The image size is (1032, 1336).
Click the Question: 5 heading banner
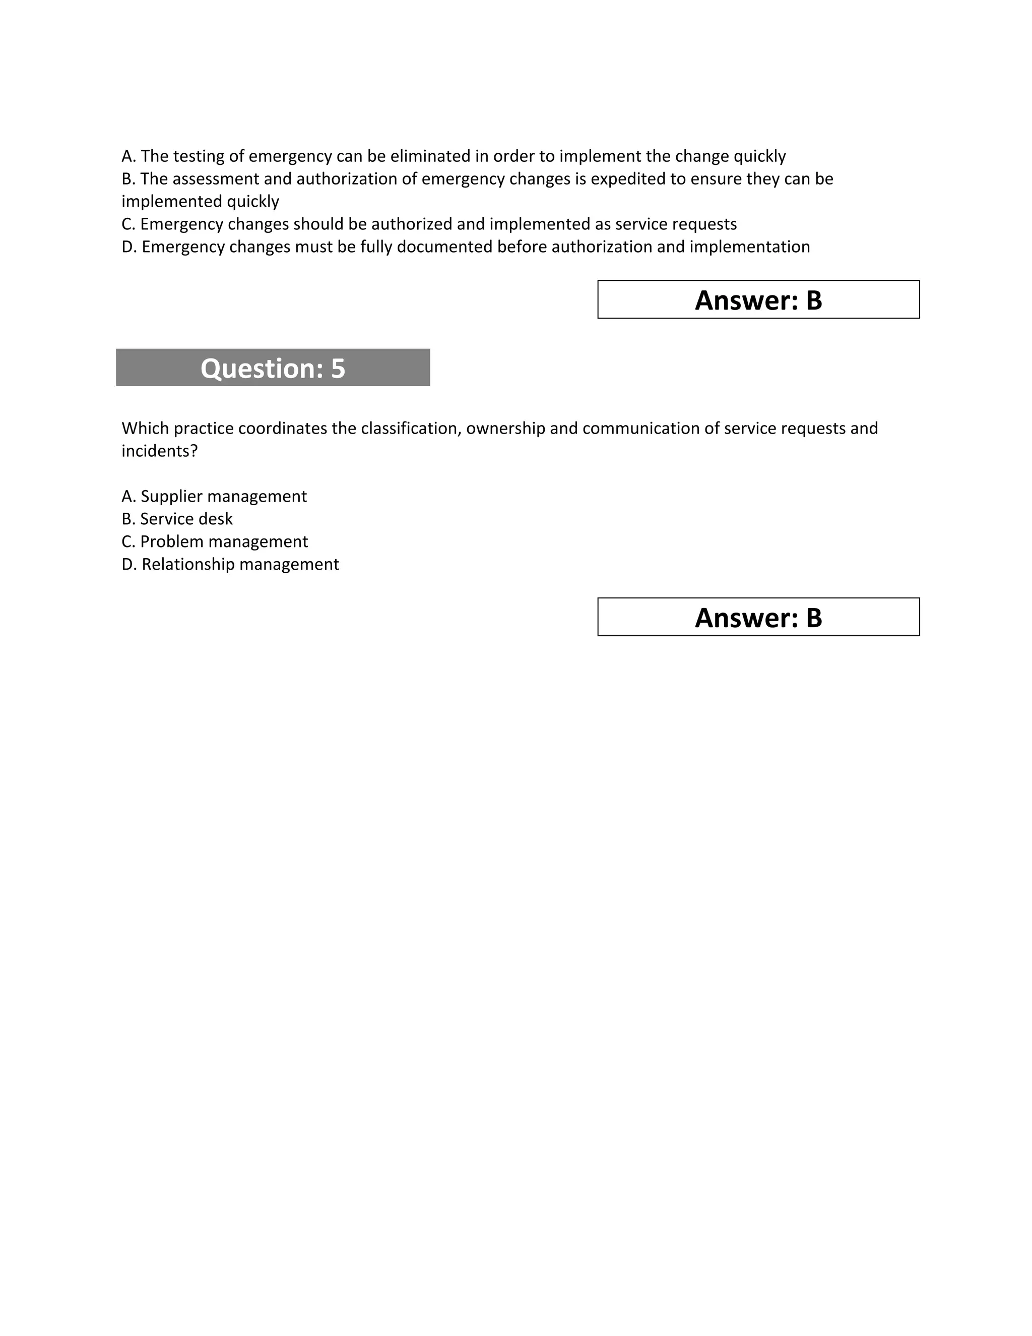(x=273, y=368)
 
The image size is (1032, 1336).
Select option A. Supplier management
(x=214, y=496)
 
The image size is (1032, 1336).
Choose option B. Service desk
(x=177, y=519)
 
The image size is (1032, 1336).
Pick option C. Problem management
(x=215, y=541)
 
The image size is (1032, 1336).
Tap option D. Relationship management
(x=230, y=564)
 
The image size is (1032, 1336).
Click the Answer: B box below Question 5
(x=758, y=617)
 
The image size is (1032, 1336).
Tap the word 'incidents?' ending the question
(x=160, y=451)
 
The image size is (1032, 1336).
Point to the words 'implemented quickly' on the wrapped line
(x=200, y=201)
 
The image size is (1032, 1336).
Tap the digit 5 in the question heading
(x=338, y=368)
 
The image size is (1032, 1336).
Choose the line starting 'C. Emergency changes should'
(x=429, y=224)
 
